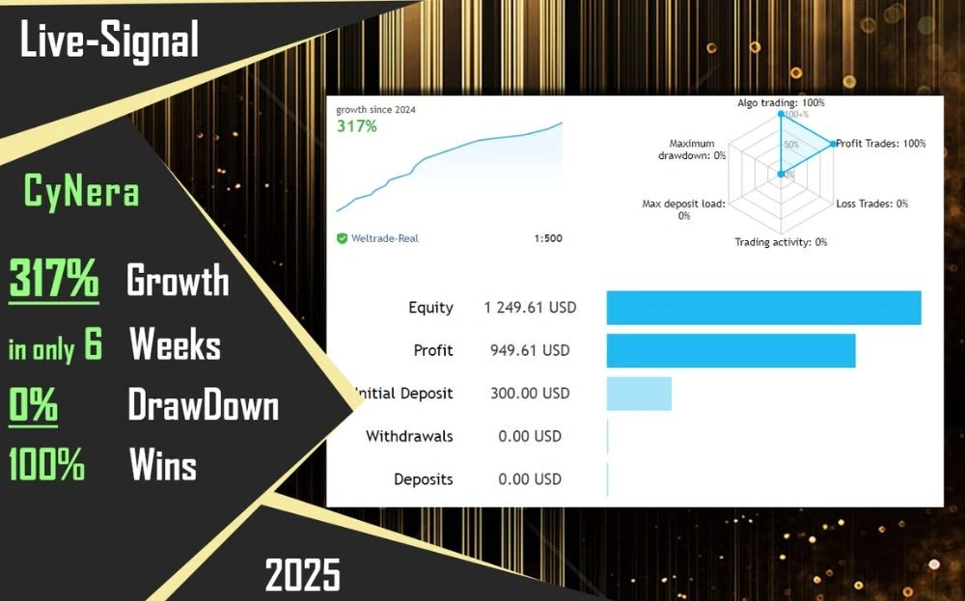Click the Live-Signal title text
pos(110,41)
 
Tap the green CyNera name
pos(81,190)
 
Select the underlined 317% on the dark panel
pos(53,279)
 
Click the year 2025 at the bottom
pos(302,575)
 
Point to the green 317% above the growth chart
pos(357,126)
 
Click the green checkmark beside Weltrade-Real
pos(343,238)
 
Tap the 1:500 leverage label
pos(548,238)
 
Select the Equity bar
pos(763,308)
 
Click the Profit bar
pos(731,350)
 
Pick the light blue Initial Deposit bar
pos(639,394)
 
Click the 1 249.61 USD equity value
pos(530,308)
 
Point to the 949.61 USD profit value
pos(530,350)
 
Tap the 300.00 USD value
pos(530,393)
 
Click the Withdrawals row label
pos(409,436)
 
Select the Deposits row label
pos(424,479)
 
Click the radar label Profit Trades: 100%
pos(881,144)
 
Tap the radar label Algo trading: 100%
pos(781,102)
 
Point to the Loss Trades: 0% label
pos(872,204)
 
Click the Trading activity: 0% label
pos(781,242)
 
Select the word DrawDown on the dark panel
pos(203,406)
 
